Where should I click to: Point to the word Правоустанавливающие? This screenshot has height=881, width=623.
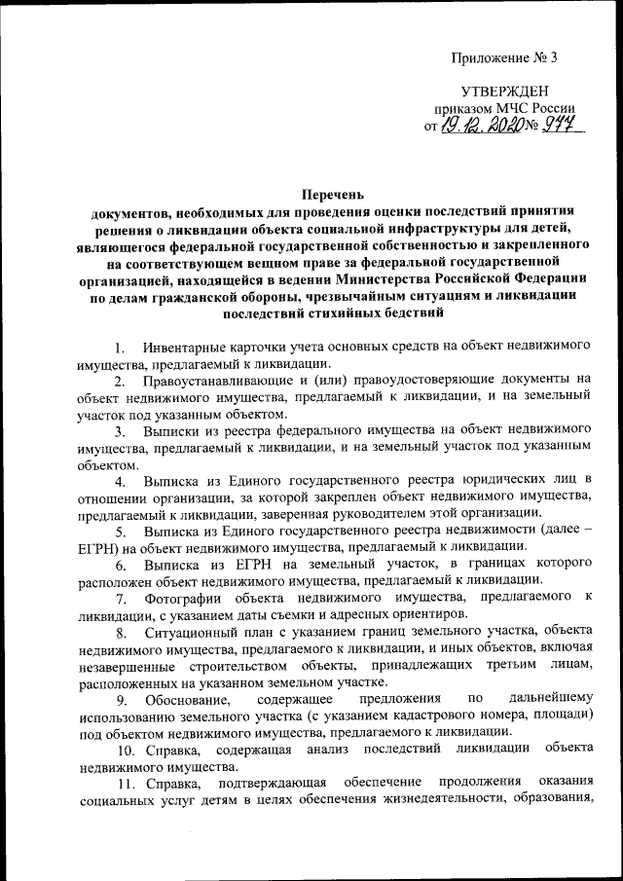click(218, 380)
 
